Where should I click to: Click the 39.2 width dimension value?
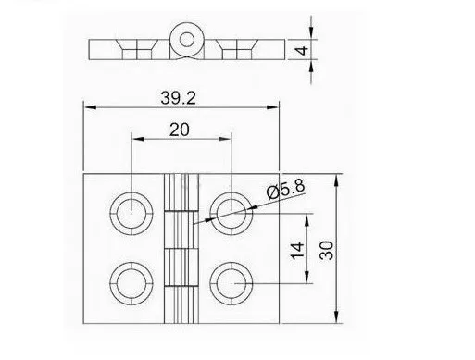click(x=178, y=98)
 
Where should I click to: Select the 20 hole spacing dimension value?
click(x=180, y=130)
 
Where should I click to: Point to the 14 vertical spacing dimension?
click(x=297, y=251)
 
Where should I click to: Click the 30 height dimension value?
click(x=327, y=250)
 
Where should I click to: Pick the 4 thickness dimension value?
click(x=303, y=50)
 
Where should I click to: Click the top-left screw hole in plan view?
click(x=131, y=214)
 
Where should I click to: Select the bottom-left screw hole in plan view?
click(x=131, y=283)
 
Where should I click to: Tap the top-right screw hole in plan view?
click(x=231, y=214)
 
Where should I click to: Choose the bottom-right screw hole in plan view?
click(x=231, y=283)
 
